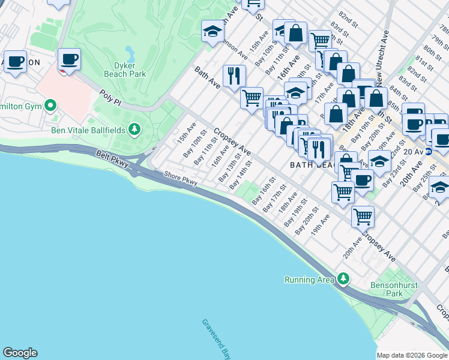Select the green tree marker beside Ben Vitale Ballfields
pyautogui.click(x=136, y=128)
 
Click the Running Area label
pyautogui.click(x=309, y=279)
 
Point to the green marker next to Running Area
pyautogui.click(x=343, y=278)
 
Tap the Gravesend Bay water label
pyautogui.click(x=216, y=339)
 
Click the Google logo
pyautogui.click(x=20, y=353)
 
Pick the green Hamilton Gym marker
pyautogui.click(x=50, y=107)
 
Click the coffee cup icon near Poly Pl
pyautogui.click(x=70, y=59)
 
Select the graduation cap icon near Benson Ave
pyautogui.click(x=212, y=32)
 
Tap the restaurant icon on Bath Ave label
pyautogui.click(x=233, y=75)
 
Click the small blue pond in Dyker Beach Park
pyautogui.click(x=130, y=52)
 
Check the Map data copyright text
pyautogui.click(x=412, y=355)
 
